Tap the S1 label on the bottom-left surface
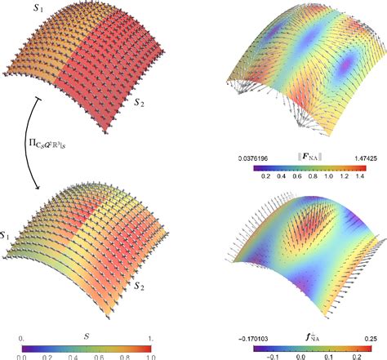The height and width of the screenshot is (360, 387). (x=7, y=236)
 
